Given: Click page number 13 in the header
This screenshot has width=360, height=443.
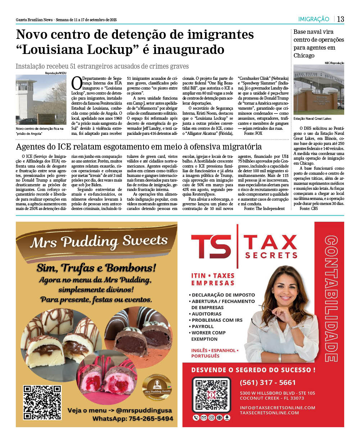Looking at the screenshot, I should pyautogui.click(x=340, y=19).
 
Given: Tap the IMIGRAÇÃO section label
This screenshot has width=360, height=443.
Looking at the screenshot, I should pyautogui.click(x=314, y=19).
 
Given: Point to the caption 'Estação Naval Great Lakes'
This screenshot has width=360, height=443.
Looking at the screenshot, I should pyautogui.click(x=313, y=118).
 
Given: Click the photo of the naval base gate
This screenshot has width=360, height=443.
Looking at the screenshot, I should pyautogui.click(x=319, y=90).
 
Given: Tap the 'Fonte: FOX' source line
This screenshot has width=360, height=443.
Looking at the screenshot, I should pyautogui.click(x=253, y=133).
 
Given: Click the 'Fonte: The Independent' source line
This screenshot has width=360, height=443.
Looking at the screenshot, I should pyautogui.click(x=264, y=209).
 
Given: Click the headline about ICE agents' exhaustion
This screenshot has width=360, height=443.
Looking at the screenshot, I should pyautogui.click(x=139, y=147).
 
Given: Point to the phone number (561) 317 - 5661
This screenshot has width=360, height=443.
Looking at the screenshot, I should pyautogui.click(x=268, y=382).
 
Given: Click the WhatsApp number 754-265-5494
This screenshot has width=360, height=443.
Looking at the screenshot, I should pyautogui.click(x=133, y=419).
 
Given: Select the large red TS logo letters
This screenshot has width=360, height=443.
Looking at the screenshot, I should pyautogui.click(x=211, y=246).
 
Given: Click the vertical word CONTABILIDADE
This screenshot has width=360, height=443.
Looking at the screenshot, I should pyautogui.click(x=331, y=298).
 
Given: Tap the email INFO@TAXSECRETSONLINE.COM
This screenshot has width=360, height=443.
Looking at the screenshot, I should pyautogui.click(x=277, y=407).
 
